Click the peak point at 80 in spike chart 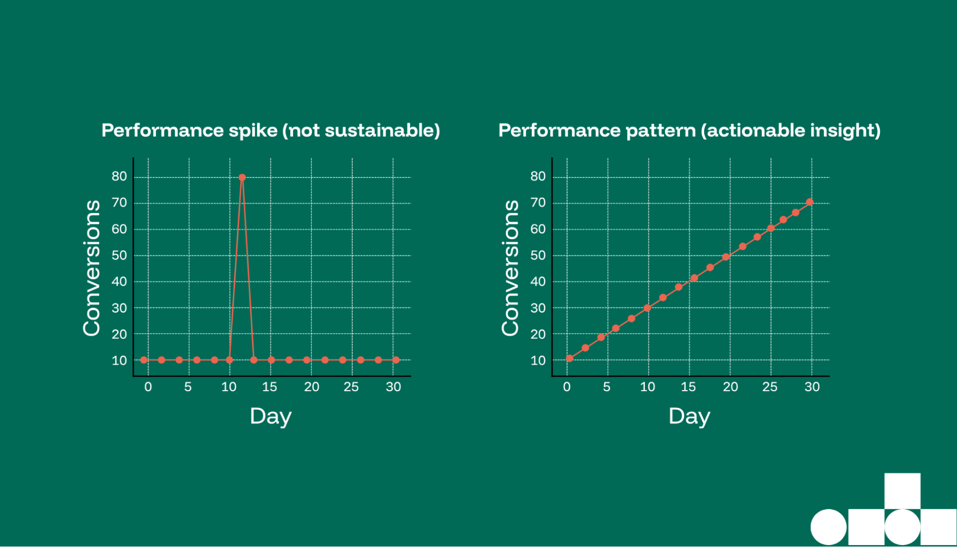point(242,178)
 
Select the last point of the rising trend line point(810,202)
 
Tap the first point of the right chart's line point(570,358)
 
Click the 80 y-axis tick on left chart point(119,177)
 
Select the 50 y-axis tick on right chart point(538,256)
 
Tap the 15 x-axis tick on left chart point(270,387)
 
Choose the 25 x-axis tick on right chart point(770,387)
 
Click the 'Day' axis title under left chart point(270,416)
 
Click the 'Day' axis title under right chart point(689,416)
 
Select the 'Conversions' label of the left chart point(91,268)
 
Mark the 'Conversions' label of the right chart point(510,268)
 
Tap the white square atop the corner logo point(902,491)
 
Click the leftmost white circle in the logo point(828,527)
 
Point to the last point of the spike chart point(396,360)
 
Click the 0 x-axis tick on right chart point(567,387)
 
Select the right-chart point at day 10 point(647,308)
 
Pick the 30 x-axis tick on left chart point(394,387)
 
